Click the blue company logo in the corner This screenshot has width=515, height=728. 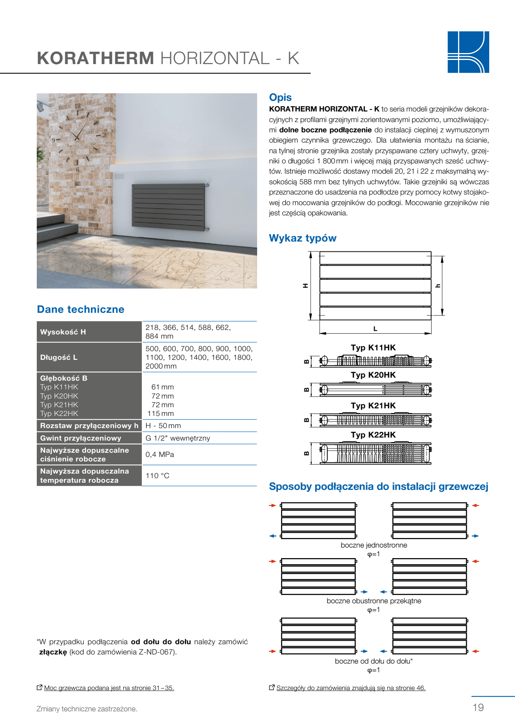[x=468, y=52]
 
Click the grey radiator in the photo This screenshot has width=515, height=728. [x=168, y=205]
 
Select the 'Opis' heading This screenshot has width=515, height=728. [x=280, y=97]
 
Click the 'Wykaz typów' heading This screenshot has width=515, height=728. [x=303, y=238]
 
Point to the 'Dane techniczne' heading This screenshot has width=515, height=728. [x=80, y=309]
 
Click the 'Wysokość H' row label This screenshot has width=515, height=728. [x=63, y=332]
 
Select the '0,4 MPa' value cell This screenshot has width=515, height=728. [x=160, y=454]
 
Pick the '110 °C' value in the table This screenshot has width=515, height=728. [x=157, y=475]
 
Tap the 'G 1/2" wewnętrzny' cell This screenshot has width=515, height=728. [x=177, y=438]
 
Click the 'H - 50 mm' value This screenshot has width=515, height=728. [x=163, y=425]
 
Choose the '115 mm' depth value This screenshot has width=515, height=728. [x=161, y=414]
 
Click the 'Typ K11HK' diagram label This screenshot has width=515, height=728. [x=373, y=348]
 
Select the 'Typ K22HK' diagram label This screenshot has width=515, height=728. [x=373, y=435]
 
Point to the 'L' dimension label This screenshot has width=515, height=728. [x=375, y=329]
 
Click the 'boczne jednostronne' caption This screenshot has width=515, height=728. [x=374, y=545]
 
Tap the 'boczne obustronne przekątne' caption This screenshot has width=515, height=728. [x=374, y=601]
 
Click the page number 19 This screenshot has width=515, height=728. [x=478, y=707]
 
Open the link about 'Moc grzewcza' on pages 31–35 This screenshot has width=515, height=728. [x=109, y=688]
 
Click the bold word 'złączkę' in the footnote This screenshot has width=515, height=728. [x=53, y=652]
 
